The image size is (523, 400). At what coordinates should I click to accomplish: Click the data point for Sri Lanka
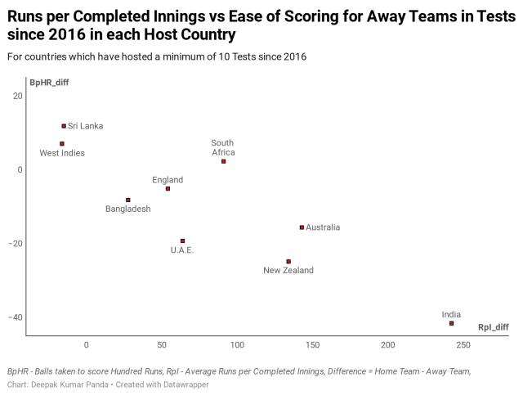click(64, 126)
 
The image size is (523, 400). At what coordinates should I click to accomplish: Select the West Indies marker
click(62, 144)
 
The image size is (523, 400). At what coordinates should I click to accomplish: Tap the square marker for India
click(452, 323)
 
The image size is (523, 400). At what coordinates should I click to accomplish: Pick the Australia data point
click(302, 227)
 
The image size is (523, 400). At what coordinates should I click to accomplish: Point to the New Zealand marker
click(288, 262)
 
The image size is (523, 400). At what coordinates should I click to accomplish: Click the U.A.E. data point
click(182, 241)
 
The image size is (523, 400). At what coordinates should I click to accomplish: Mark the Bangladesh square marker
click(128, 200)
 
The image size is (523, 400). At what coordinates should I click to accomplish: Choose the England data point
click(168, 189)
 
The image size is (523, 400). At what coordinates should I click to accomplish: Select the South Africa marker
click(223, 161)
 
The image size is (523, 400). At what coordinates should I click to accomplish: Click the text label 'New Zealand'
click(288, 271)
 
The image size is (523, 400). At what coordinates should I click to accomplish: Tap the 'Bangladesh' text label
click(128, 209)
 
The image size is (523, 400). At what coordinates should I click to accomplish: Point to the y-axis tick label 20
click(17, 97)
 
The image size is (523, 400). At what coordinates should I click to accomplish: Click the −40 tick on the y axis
click(15, 317)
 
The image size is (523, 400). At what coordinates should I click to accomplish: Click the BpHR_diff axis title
click(49, 83)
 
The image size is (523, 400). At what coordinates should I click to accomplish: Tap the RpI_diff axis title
click(493, 327)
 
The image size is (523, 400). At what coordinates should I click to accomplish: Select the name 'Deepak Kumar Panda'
click(69, 384)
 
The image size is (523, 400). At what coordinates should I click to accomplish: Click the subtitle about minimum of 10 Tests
click(157, 56)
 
